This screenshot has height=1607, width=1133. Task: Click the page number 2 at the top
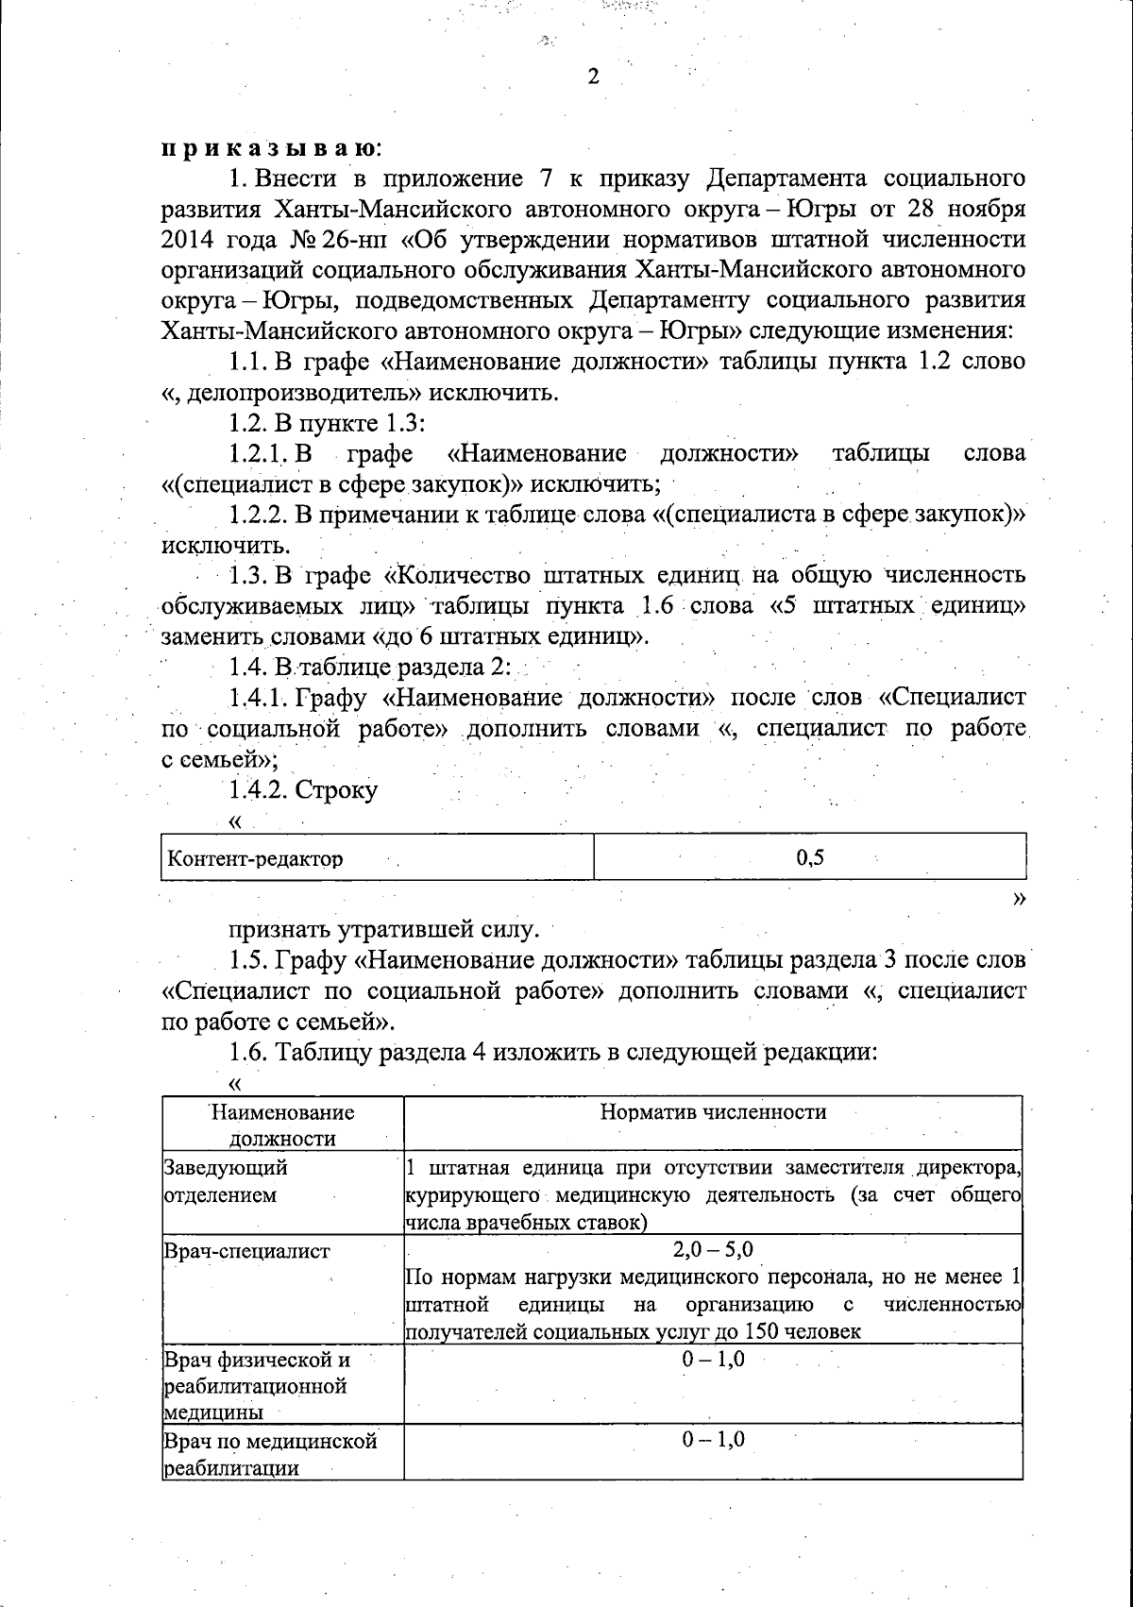coord(593,77)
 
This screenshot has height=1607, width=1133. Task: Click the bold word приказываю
coord(270,148)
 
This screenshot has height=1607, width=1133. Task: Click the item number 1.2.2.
coord(258,515)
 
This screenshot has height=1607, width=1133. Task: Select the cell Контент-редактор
coord(255,859)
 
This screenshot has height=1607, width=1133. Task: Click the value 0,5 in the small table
coord(810,857)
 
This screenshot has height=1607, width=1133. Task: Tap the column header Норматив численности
coord(713,1111)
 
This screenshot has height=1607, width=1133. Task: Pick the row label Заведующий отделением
coord(227,1181)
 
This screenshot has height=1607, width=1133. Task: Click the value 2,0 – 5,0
coord(713,1250)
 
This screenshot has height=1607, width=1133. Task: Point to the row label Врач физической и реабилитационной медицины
coord(255,1386)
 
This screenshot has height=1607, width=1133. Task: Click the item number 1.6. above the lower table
coord(248,1052)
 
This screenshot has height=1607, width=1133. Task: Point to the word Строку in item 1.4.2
coord(337,789)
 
